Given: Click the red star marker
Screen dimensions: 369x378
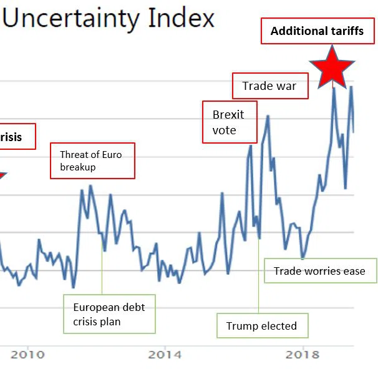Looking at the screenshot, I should [332, 67].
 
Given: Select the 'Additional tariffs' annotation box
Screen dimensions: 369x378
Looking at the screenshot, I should [317, 31].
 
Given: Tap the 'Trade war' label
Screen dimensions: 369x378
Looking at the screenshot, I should [270, 86].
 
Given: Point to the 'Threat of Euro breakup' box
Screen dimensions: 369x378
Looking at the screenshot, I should [91, 161].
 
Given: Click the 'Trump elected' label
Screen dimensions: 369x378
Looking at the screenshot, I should [261, 325].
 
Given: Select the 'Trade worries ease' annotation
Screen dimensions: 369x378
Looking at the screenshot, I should [320, 271].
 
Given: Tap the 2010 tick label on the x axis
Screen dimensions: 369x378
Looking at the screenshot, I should [27, 355].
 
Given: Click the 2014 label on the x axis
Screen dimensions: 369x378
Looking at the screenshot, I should [165, 355].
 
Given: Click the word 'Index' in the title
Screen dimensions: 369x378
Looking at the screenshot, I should [181, 18].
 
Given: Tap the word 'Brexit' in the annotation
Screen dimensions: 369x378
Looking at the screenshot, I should [228, 115].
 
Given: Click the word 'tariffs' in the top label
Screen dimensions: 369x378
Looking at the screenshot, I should [342, 31].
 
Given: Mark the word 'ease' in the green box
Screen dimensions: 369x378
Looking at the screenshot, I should [354, 271].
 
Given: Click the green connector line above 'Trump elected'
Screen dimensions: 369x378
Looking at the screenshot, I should [258, 275].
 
